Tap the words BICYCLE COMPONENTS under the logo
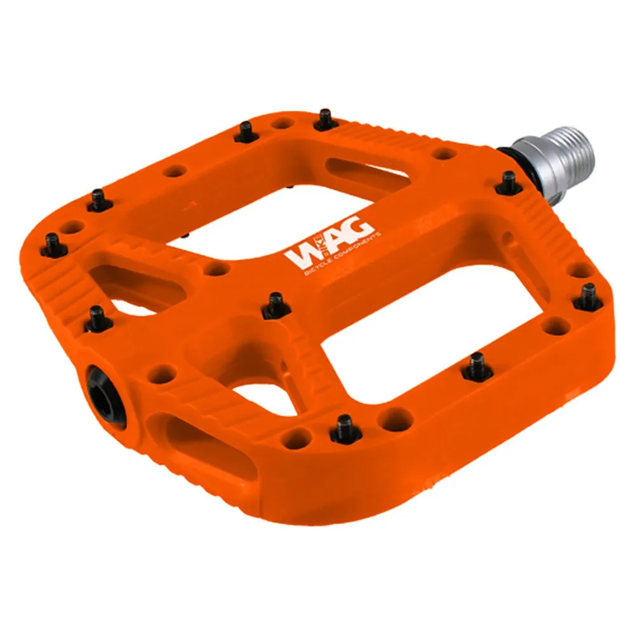click(343, 255)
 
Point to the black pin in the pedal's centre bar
click(276, 306)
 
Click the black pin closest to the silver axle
click(509, 183)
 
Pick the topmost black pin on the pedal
click(326, 119)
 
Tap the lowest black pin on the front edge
click(345, 429)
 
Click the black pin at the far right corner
click(588, 297)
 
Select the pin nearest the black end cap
click(98, 319)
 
